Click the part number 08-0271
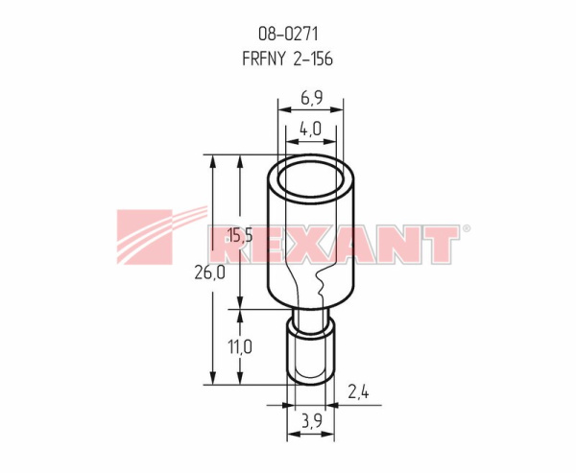[288, 35]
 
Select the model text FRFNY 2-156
[288, 59]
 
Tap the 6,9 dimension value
[311, 98]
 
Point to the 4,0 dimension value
[310, 129]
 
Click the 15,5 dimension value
[240, 235]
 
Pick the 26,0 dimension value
[209, 272]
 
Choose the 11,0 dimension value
[240, 346]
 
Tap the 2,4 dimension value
[358, 392]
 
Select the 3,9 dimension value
[311, 420]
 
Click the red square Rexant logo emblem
[144, 237]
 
